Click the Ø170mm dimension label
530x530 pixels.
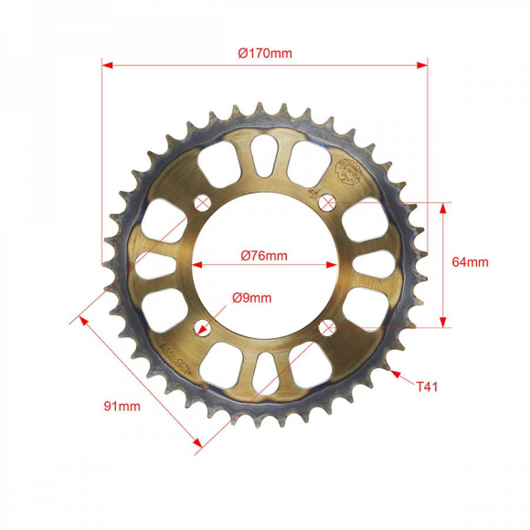(x=265, y=53)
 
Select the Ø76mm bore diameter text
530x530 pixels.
(x=264, y=256)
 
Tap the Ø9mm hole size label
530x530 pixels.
(x=251, y=297)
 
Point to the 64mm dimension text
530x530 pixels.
(x=471, y=262)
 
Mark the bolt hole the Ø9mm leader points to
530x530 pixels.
(x=202, y=327)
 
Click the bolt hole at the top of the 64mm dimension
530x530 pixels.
(x=327, y=202)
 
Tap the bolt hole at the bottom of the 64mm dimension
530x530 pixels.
(x=327, y=327)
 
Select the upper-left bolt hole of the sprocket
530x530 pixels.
(x=202, y=202)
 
